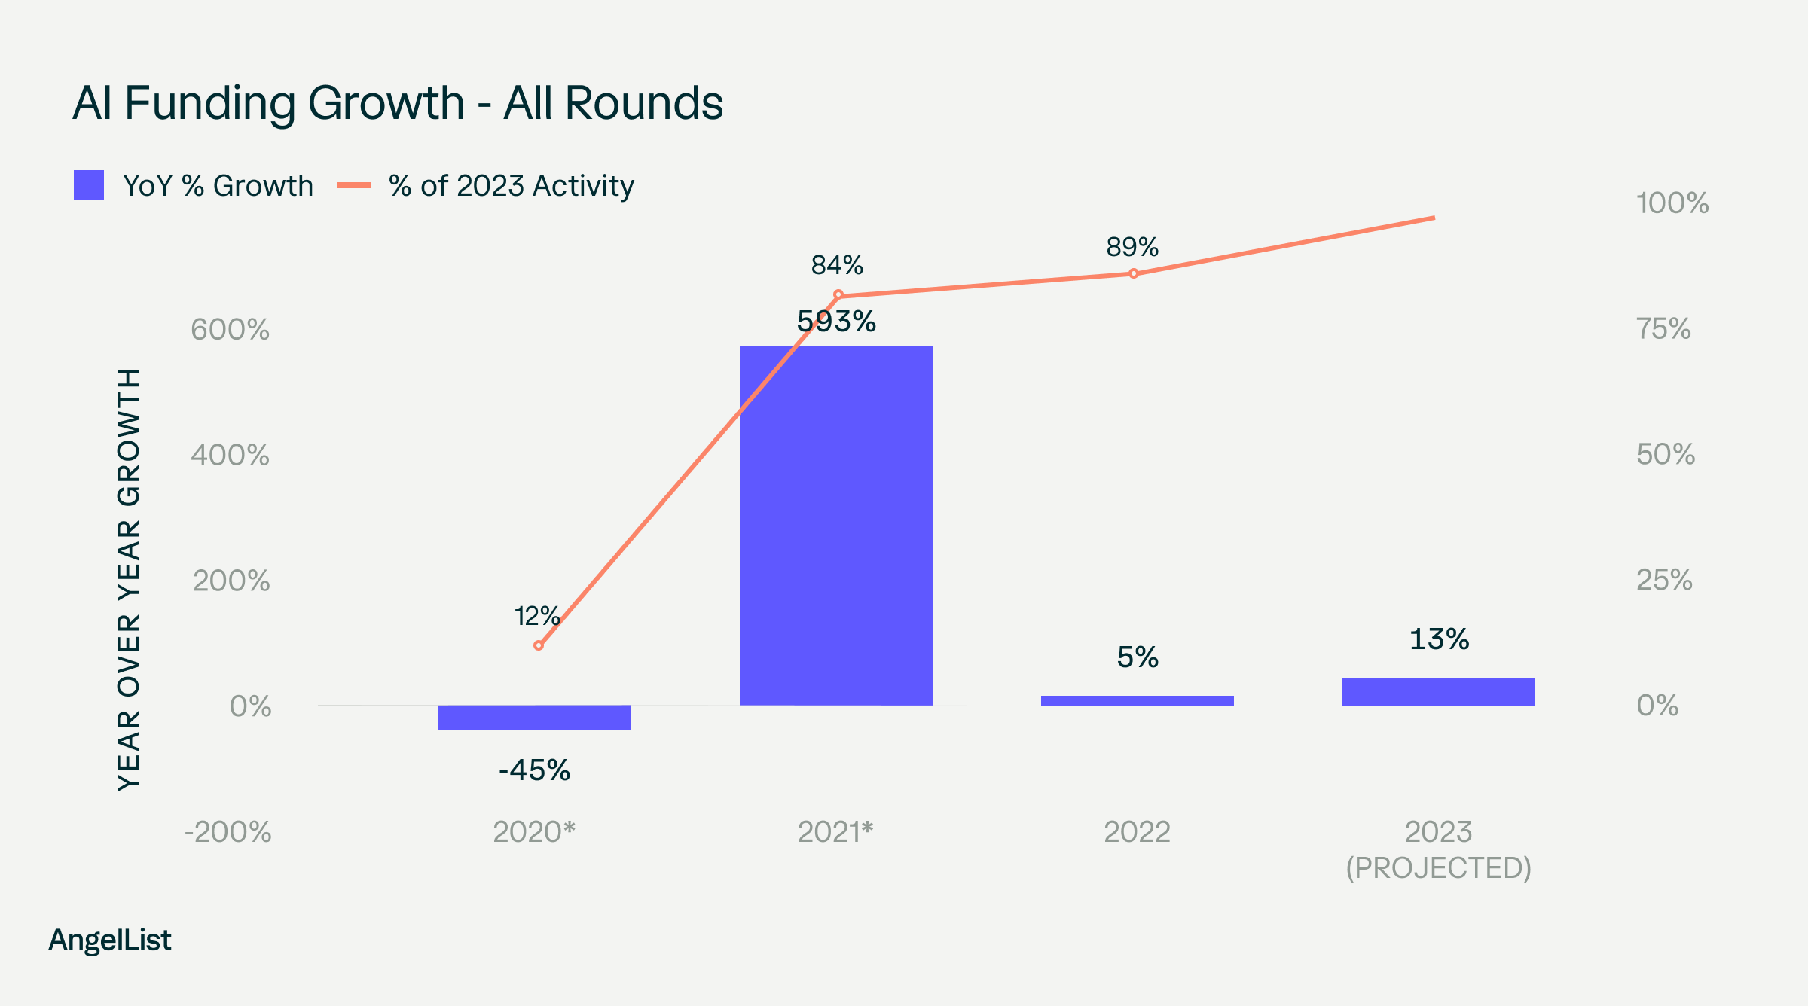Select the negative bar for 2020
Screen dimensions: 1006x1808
pos(535,718)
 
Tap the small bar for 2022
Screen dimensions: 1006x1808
pos(1138,700)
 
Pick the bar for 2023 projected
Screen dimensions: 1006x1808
pos(1439,691)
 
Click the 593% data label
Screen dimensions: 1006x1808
pos(836,322)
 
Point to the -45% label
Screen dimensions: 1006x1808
pos(535,770)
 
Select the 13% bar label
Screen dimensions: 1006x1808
pos(1439,639)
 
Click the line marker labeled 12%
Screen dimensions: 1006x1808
pos(538,645)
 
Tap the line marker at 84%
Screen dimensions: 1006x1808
pos(838,294)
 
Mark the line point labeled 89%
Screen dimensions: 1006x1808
pos(1134,273)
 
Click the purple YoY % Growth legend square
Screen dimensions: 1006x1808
pos(89,185)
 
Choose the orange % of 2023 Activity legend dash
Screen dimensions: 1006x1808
pos(354,185)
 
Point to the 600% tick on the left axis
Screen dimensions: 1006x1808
pos(230,330)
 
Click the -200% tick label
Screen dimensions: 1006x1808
pos(228,832)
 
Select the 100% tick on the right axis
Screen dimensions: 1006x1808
pos(1672,203)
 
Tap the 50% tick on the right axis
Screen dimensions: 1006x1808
pos(1665,455)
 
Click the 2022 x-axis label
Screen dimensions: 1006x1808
pos(1138,832)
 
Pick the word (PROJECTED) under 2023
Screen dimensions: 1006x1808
pos(1439,868)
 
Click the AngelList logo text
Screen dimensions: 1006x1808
pos(110,940)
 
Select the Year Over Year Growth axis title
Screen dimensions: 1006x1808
pos(129,580)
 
